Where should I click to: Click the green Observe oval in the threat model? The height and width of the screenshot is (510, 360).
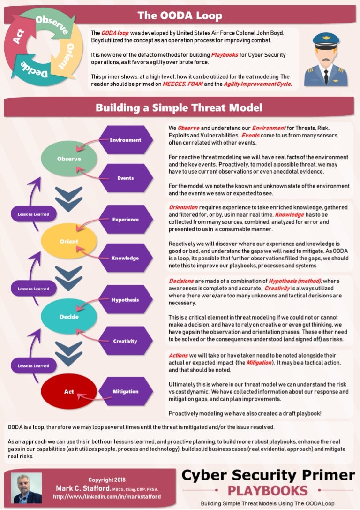[69, 159]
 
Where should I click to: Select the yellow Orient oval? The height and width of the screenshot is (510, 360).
[69, 242]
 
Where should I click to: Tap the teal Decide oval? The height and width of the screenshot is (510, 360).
[69, 317]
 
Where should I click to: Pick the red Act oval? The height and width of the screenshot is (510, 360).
[69, 391]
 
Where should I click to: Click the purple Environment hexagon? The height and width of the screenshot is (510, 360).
[125, 140]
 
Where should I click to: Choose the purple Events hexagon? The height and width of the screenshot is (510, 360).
[125, 178]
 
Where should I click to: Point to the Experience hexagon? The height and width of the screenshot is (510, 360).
[125, 219]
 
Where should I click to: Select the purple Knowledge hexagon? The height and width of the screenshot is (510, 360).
[125, 258]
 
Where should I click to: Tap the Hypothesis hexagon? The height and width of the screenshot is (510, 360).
[125, 299]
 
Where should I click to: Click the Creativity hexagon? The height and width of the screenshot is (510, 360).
[125, 341]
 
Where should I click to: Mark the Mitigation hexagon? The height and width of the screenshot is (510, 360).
[125, 391]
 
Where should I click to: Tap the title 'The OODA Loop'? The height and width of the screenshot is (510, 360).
[180, 16]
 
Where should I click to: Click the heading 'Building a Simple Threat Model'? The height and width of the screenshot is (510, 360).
[179, 108]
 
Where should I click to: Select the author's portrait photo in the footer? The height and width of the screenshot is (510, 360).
[27, 488]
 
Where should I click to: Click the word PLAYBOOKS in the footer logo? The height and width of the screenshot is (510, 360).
[268, 490]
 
